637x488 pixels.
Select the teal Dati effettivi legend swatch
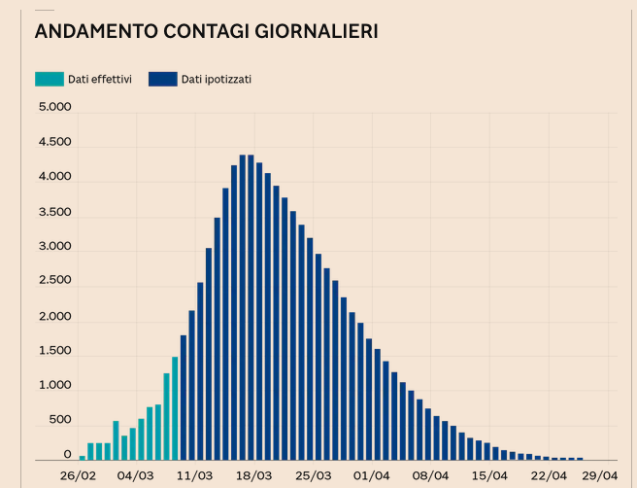pyautogui.click(x=49, y=79)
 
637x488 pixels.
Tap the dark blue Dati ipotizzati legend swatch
pyautogui.click(x=161, y=79)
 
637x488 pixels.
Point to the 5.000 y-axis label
pyautogui.click(x=54, y=108)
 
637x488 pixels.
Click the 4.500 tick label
pyautogui.click(x=54, y=143)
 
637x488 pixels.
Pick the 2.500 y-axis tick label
pyautogui.click(x=54, y=281)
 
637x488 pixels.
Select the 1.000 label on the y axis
pyautogui.click(x=54, y=386)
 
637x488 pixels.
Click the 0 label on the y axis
pyautogui.click(x=68, y=455)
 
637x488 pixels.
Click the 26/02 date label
pyautogui.click(x=78, y=475)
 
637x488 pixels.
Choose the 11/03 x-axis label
pyautogui.click(x=195, y=475)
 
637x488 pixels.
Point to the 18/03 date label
pyautogui.click(x=254, y=475)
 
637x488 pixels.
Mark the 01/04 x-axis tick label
pyautogui.click(x=372, y=475)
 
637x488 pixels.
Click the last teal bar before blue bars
pyautogui.click(x=175, y=408)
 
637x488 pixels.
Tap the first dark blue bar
pyautogui.click(x=184, y=398)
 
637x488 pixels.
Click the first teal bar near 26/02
pyautogui.click(x=83, y=457)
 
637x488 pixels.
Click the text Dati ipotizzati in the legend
pyautogui.click(x=216, y=79)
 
